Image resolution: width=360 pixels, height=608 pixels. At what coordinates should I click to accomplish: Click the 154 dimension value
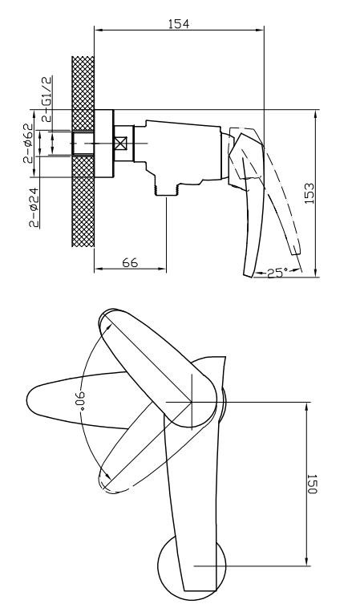tap(179, 23)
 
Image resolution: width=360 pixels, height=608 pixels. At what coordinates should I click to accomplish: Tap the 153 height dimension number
tap(309, 193)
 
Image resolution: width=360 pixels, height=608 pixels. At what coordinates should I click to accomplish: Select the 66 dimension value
tap(130, 262)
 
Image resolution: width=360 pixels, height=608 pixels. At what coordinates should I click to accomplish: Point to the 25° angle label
tap(278, 273)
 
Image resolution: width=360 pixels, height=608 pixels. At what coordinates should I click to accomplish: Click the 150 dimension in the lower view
tap(312, 484)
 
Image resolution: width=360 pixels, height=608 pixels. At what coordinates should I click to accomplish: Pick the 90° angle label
tap(79, 399)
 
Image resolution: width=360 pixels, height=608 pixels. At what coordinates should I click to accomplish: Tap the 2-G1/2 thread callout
tap(47, 99)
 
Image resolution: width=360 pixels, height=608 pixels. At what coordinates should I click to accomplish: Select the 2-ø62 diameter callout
tap(28, 143)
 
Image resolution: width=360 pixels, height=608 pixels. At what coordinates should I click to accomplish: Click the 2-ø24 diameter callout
tap(34, 208)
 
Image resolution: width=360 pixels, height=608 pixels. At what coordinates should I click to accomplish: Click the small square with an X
tap(121, 144)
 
